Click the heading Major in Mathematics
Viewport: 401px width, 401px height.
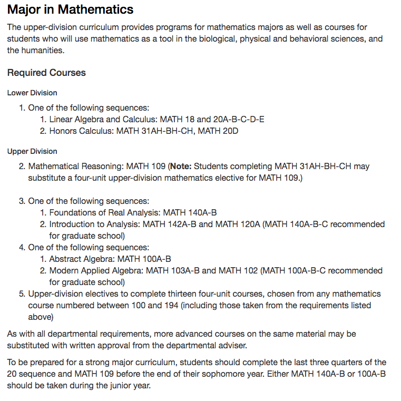pos(70,9)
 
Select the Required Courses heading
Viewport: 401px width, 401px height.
pos(46,73)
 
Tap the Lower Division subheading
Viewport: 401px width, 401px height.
pos(32,93)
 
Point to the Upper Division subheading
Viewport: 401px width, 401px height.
pos(32,152)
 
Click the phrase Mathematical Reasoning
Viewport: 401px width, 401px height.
pos(75,167)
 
